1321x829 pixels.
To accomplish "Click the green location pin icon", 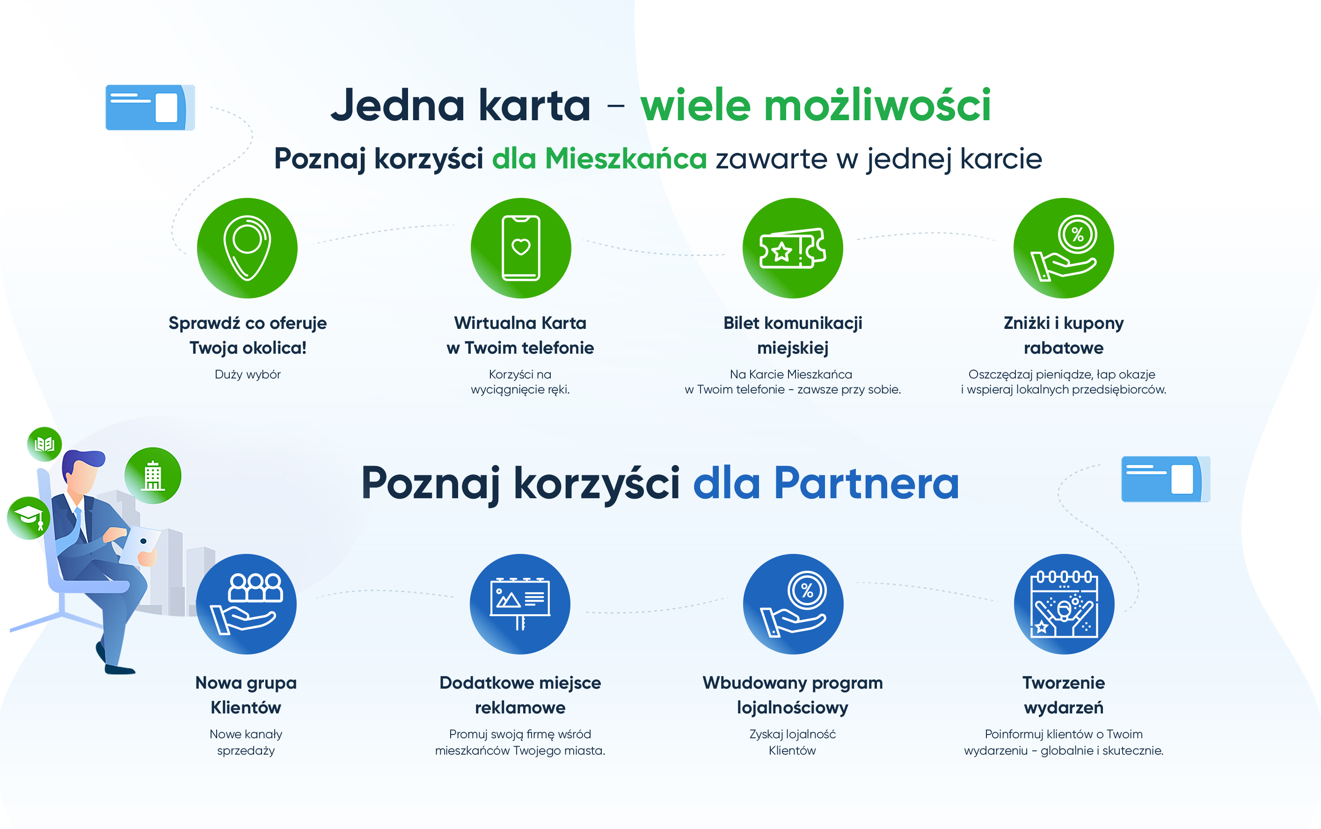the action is [x=248, y=248].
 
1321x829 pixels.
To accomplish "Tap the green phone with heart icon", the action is [x=520, y=248].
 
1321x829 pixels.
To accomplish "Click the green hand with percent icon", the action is [x=1064, y=248].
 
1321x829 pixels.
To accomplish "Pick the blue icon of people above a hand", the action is [x=246, y=604].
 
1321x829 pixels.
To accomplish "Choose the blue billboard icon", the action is [x=520, y=604].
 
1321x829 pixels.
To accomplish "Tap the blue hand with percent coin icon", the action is [x=793, y=604].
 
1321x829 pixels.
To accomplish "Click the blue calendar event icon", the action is [x=1064, y=604].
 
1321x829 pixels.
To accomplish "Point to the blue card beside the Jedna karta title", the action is [x=150, y=108].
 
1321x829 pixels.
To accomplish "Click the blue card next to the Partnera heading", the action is [x=1166, y=479].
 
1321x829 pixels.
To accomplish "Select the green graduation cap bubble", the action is [x=29, y=518].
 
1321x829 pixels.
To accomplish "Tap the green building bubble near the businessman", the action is [x=153, y=475].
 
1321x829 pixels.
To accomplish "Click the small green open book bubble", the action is [x=44, y=444].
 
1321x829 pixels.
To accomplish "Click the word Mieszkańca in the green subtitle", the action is [x=626, y=159].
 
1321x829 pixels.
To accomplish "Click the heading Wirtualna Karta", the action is [x=520, y=323].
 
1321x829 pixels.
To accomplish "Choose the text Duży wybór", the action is [x=248, y=374].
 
